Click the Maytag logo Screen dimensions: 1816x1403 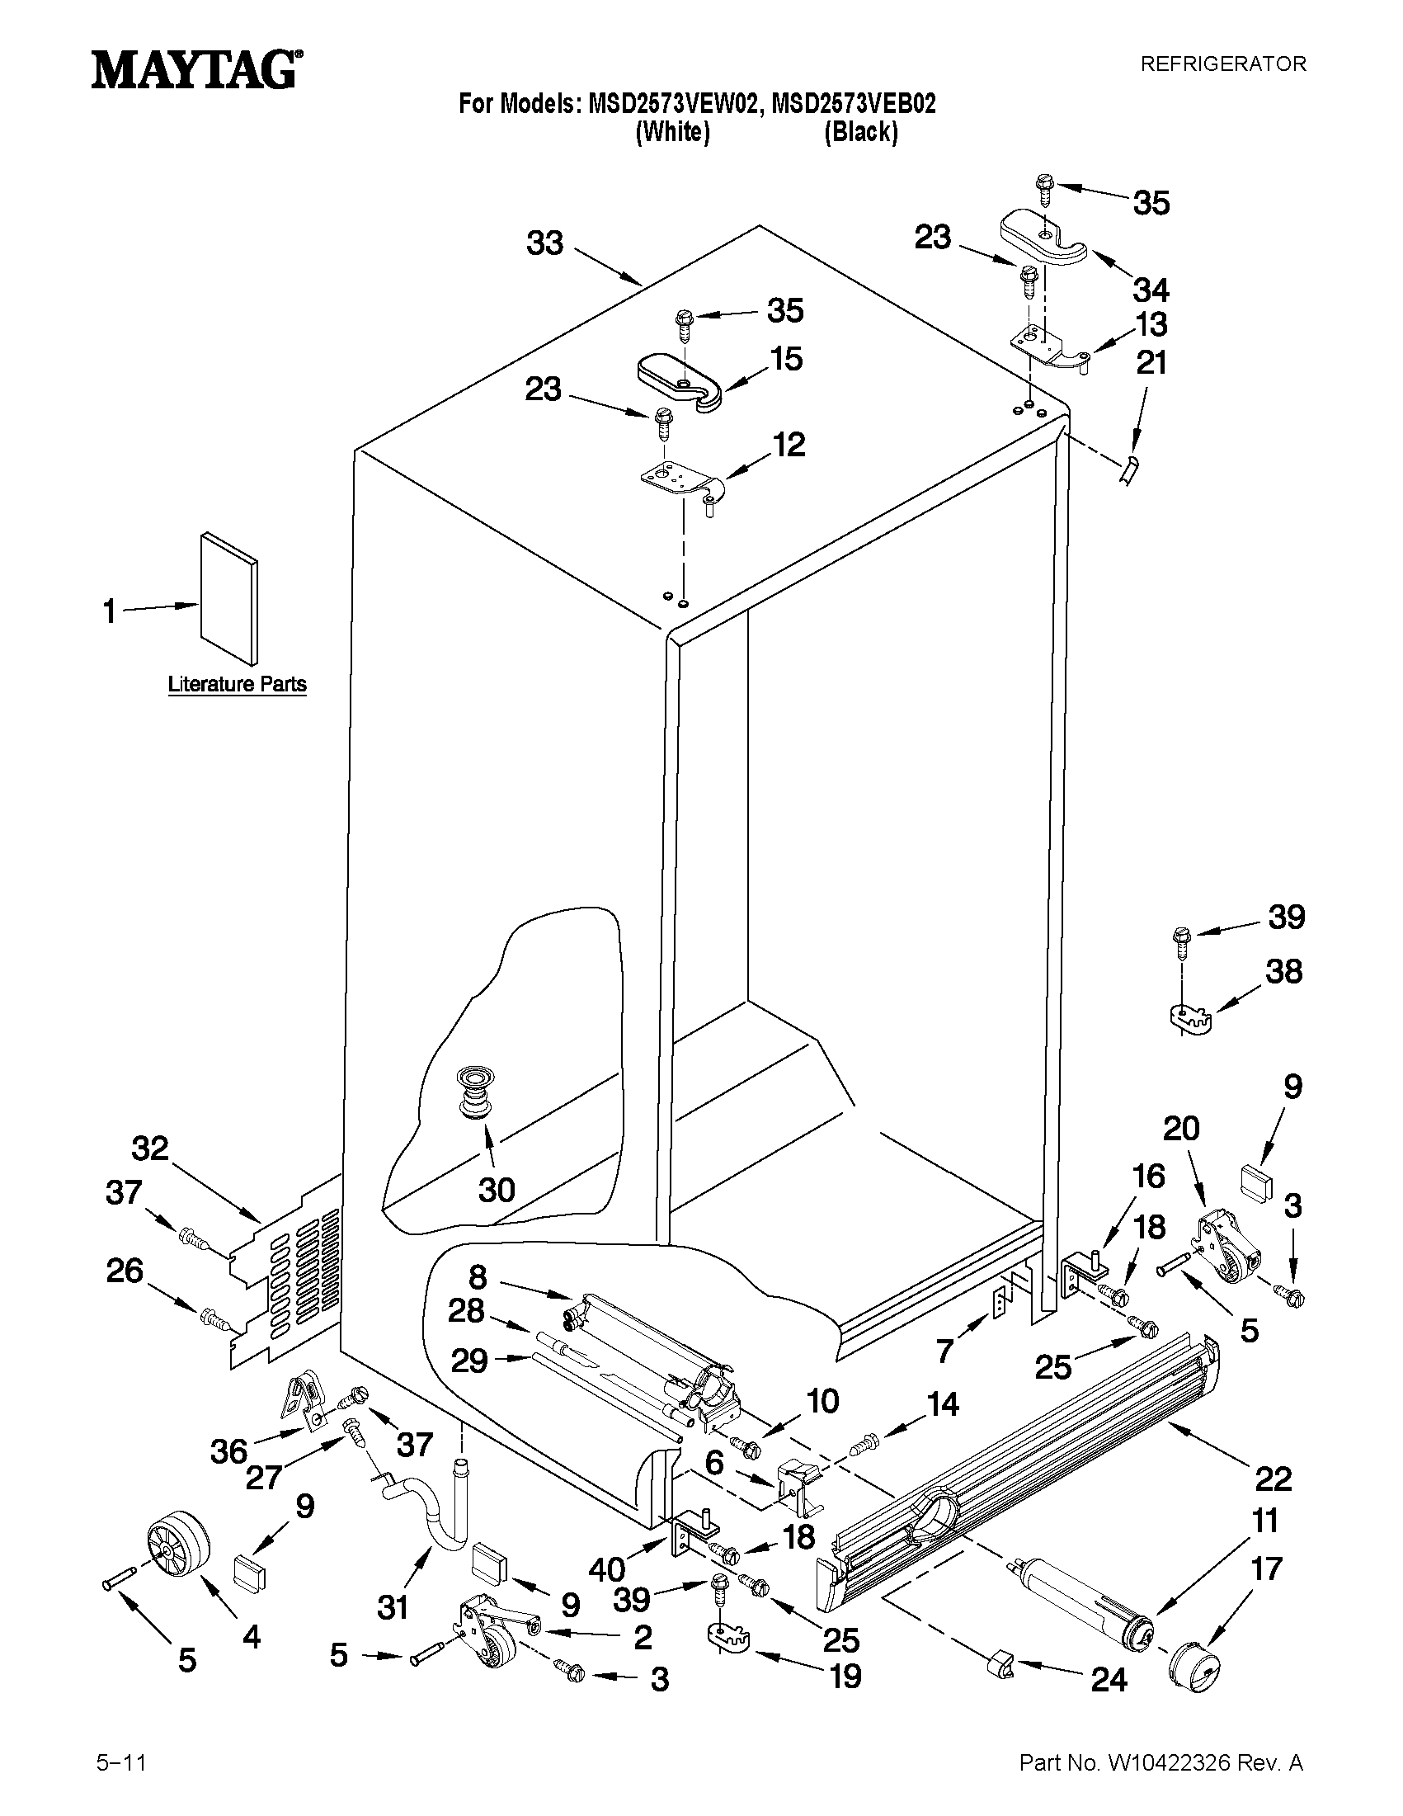point(196,70)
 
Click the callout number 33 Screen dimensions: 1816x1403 point(545,243)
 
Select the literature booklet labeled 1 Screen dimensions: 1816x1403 point(228,600)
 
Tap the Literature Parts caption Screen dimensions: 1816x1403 point(237,684)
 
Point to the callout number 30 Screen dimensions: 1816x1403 point(497,1190)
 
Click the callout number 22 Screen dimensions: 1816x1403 point(1273,1479)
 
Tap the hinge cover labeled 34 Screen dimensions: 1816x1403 point(1043,238)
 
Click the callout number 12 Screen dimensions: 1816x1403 point(789,445)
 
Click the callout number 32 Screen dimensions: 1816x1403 point(150,1149)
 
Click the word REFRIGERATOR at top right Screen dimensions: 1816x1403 point(1222,64)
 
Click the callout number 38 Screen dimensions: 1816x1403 point(1283,970)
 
